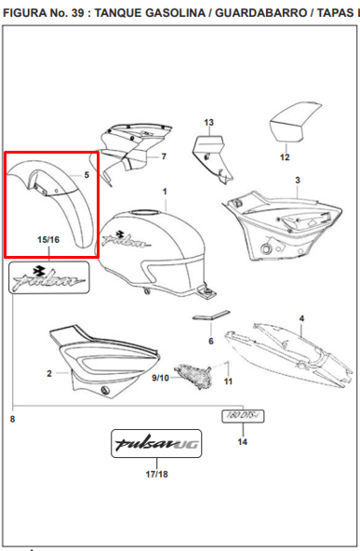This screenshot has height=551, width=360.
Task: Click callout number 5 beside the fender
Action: pos(87,175)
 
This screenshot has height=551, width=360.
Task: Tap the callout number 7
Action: pos(164,156)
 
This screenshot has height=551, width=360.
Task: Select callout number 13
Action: pos(209,122)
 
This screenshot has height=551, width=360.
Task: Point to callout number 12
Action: pos(285,157)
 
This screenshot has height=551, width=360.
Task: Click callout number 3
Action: pos(298,181)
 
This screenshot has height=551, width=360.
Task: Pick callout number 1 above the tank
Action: pos(165,192)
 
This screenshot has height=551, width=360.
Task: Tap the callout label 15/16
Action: pos(48,239)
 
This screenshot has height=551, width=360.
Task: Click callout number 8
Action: pos(13,419)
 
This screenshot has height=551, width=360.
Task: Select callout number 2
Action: pos(49,373)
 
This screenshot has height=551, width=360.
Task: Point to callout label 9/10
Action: pos(160,378)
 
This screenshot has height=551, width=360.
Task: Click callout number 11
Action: pos(228,382)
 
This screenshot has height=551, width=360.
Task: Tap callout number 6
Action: pos(211,342)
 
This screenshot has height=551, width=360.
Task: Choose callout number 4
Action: pos(301,318)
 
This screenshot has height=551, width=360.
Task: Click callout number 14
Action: pos(243,442)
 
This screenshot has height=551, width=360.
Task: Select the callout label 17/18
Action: pos(156,474)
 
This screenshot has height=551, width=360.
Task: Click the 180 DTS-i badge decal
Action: pos(243,416)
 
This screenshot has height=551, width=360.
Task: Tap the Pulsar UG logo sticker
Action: pos(156,443)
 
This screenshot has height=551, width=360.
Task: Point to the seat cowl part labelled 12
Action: pos(294,123)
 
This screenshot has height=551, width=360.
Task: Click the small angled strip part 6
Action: pos(211,316)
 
